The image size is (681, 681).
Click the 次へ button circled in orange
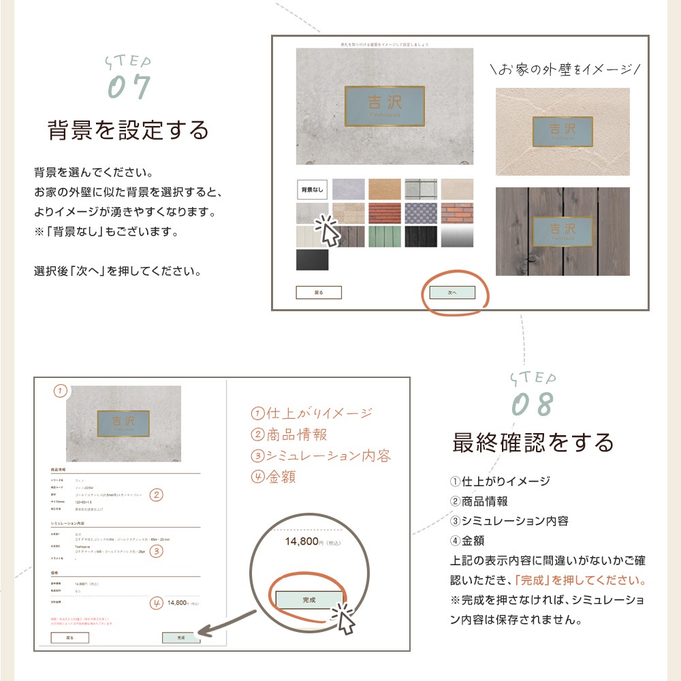pyautogui.click(x=452, y=292)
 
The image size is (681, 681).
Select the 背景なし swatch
pyautogui.click(x=313, y=189)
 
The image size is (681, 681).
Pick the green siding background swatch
pyautogui.click(x=385, y=236)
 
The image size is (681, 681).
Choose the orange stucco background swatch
pyautogui.click(x=385, y=189)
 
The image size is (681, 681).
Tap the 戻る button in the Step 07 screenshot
pyautogui.click(x=318, y=293)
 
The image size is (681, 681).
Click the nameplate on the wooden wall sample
pyautogui.click(x=562, y=230)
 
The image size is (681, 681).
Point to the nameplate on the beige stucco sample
pyautogui.click(x=562, y=131)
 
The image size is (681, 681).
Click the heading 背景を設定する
pyautogui.click(x=128, y=129)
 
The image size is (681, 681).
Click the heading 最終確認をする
pyautogui.click(x=533, y=443)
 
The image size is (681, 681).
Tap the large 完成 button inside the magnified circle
pyautogui.click(x=309, y=599)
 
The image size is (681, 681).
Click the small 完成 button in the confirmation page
pyautogui.click(x=181, y=638)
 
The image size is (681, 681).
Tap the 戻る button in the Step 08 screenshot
pyautogui.click(x=69, y=638)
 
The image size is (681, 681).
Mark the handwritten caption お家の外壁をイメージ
pyautogui.click(x=565, y=69)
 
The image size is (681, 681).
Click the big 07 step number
pyautogui.click(x=129, y=87)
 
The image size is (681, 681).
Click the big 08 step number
pyautogui.click(x=533, y=405)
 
